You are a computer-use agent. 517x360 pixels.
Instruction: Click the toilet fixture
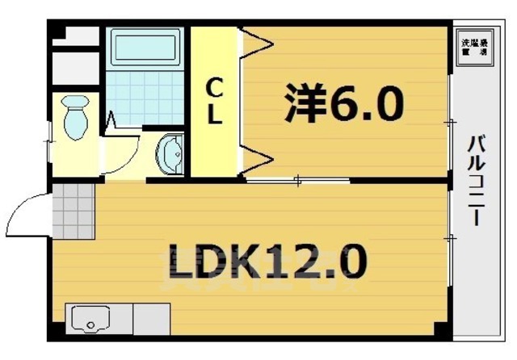[x=76, y=115]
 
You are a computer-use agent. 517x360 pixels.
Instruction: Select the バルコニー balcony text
[x=477, y=182]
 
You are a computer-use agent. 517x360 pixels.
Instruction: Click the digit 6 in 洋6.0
[x=338, y=103]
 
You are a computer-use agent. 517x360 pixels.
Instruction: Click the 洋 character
[x=302, y=103]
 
